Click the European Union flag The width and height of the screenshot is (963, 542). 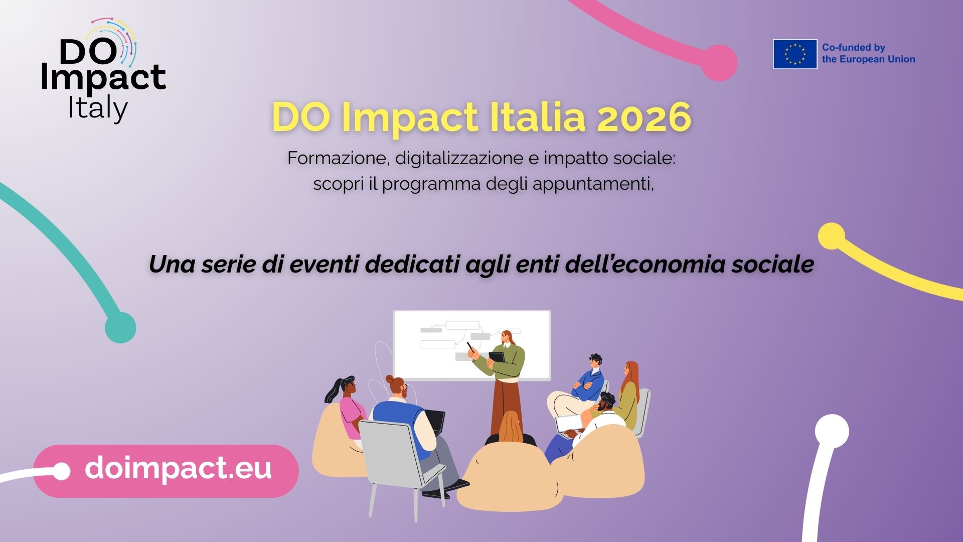click(x=795, y=54)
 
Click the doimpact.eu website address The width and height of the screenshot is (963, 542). click(x=178, y=468)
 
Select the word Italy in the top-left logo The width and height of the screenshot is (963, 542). click(x=98, y=109)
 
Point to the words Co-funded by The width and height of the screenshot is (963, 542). click(x=854, y=48)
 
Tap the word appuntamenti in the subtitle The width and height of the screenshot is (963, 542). click(x=593, y=185)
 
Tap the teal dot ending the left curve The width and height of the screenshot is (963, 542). click(x=120, y=328)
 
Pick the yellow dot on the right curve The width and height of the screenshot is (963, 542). click(x=831, y=236)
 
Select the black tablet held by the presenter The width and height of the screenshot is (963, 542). click(x=497, y=358)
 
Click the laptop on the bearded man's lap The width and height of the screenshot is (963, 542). click(x=569, y=425)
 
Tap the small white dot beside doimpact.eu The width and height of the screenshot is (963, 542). click(x=61, y=471)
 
